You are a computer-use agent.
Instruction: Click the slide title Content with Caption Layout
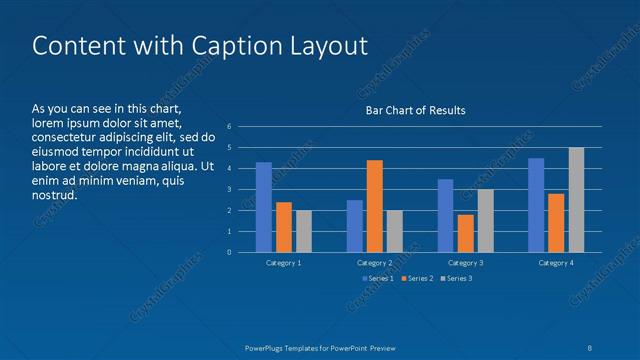click(x=200, y=46)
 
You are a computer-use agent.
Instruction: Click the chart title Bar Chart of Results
click(x=414, y=110)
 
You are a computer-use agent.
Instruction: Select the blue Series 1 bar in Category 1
click(x=264, y=207)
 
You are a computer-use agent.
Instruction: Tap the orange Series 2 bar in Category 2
click(x=375, y=206)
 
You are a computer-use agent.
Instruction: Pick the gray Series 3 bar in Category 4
click(x=576, y=200)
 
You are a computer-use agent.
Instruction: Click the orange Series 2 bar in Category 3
click(x=465, y=233)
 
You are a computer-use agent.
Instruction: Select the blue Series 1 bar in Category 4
click(x=536, y=205)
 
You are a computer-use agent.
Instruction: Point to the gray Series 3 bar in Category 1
click(x=304, y=231)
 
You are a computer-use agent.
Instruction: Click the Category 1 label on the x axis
click(x=284, y=262)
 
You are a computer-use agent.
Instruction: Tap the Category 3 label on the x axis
click(x=465, y=262)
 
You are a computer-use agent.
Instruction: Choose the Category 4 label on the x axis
click(x=556, y=262)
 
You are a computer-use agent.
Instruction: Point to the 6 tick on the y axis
click(x=230, y=127)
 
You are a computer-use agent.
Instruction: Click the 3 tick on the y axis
click(x=230, y=189)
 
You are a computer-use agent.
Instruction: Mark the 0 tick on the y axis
click(x=230, y=252)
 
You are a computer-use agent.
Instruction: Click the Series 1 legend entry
click(x=377, y=278)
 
